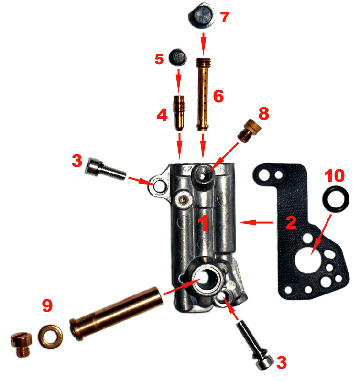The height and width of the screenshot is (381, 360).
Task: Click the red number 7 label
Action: coord(225,18)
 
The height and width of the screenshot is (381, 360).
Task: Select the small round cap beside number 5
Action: coord(178,57)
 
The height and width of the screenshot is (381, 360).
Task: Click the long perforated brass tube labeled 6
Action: coord(203,95)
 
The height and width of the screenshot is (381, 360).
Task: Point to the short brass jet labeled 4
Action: coord(179,113)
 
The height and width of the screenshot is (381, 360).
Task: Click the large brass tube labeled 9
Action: coord(117,313)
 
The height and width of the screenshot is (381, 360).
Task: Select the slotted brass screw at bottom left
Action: coord(22,344)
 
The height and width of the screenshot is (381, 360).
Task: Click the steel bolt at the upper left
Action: coord(105,169)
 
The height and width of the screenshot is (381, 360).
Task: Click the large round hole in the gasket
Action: coord(308,261)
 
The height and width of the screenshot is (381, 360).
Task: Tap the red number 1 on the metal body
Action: coord(203,223)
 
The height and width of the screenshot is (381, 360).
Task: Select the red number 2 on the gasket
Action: coord(291,222)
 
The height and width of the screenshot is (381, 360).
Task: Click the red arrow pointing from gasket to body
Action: coord(256,222)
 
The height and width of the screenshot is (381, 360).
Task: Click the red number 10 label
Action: coord(335,175)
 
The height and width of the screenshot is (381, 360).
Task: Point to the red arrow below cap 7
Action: coord(204,44)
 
